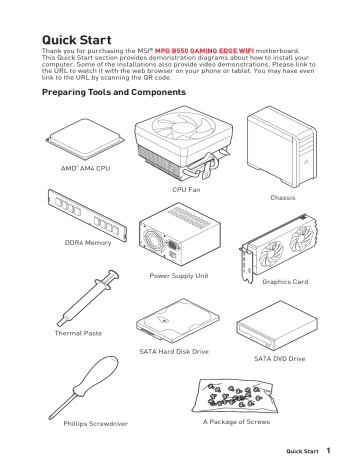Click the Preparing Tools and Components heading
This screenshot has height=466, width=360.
[109, 92]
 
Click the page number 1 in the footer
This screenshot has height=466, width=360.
[341, 450]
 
